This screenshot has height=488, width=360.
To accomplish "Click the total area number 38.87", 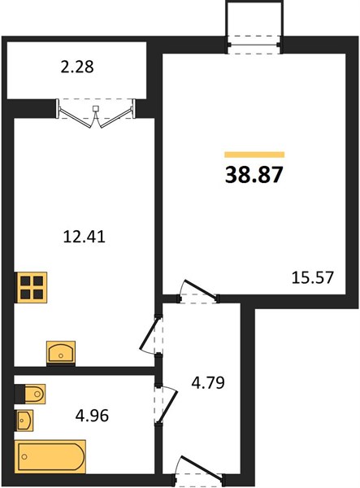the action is tap(254, 175).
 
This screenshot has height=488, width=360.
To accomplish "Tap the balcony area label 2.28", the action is tap(77, 67).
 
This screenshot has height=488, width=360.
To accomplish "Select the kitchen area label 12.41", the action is tap(85, 236).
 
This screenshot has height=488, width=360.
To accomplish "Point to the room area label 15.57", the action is tap(312, 277).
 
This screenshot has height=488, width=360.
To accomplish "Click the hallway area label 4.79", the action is tap(208, 382).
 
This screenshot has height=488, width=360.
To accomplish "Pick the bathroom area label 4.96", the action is tap(92, 415).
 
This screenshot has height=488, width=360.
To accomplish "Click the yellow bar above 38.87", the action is tap(254, 155).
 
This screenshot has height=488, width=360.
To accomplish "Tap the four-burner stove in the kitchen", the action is tap(31, 287).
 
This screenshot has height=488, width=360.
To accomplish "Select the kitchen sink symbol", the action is tap(61, 352).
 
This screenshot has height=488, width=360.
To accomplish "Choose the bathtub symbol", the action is tap(50, 456).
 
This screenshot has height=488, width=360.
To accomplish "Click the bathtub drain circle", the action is tap(24, 456).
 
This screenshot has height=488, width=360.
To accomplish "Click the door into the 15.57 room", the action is tap(198, 291).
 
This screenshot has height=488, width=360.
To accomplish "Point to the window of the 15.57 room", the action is tap(254, 45).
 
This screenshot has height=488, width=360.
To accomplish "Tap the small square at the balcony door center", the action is tap(97, 109).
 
